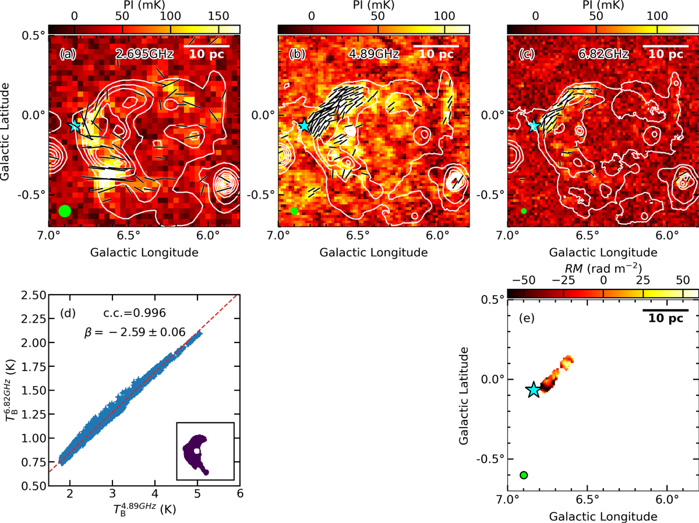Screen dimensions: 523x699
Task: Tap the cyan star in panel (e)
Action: click(x=534, y=390)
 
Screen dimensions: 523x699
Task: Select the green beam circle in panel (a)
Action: click(x=65, y=211)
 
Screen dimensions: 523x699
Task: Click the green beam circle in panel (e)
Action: click(x=524, y=475)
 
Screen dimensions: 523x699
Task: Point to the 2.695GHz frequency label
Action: click(x=140, y=54)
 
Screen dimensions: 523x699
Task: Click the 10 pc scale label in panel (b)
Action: click(x=436, y=55)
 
